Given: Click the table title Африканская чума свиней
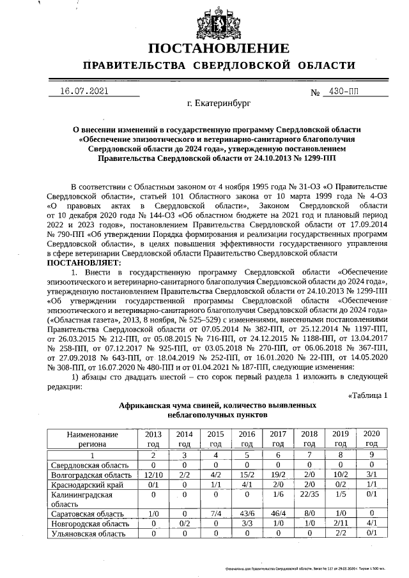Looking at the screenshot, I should pos(218,405).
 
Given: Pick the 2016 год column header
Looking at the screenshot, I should pos(247,438).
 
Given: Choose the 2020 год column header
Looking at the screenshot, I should pos(371,438).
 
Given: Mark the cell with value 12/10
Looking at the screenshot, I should pos(153,475).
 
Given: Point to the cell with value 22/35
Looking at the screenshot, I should pos(309,494).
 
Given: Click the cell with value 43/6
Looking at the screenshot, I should pos(247,513).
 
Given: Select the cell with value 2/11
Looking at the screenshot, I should pos(340,523).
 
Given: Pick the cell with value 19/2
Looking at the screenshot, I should pos(278,475).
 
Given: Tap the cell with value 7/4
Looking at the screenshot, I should pos(216,513).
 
